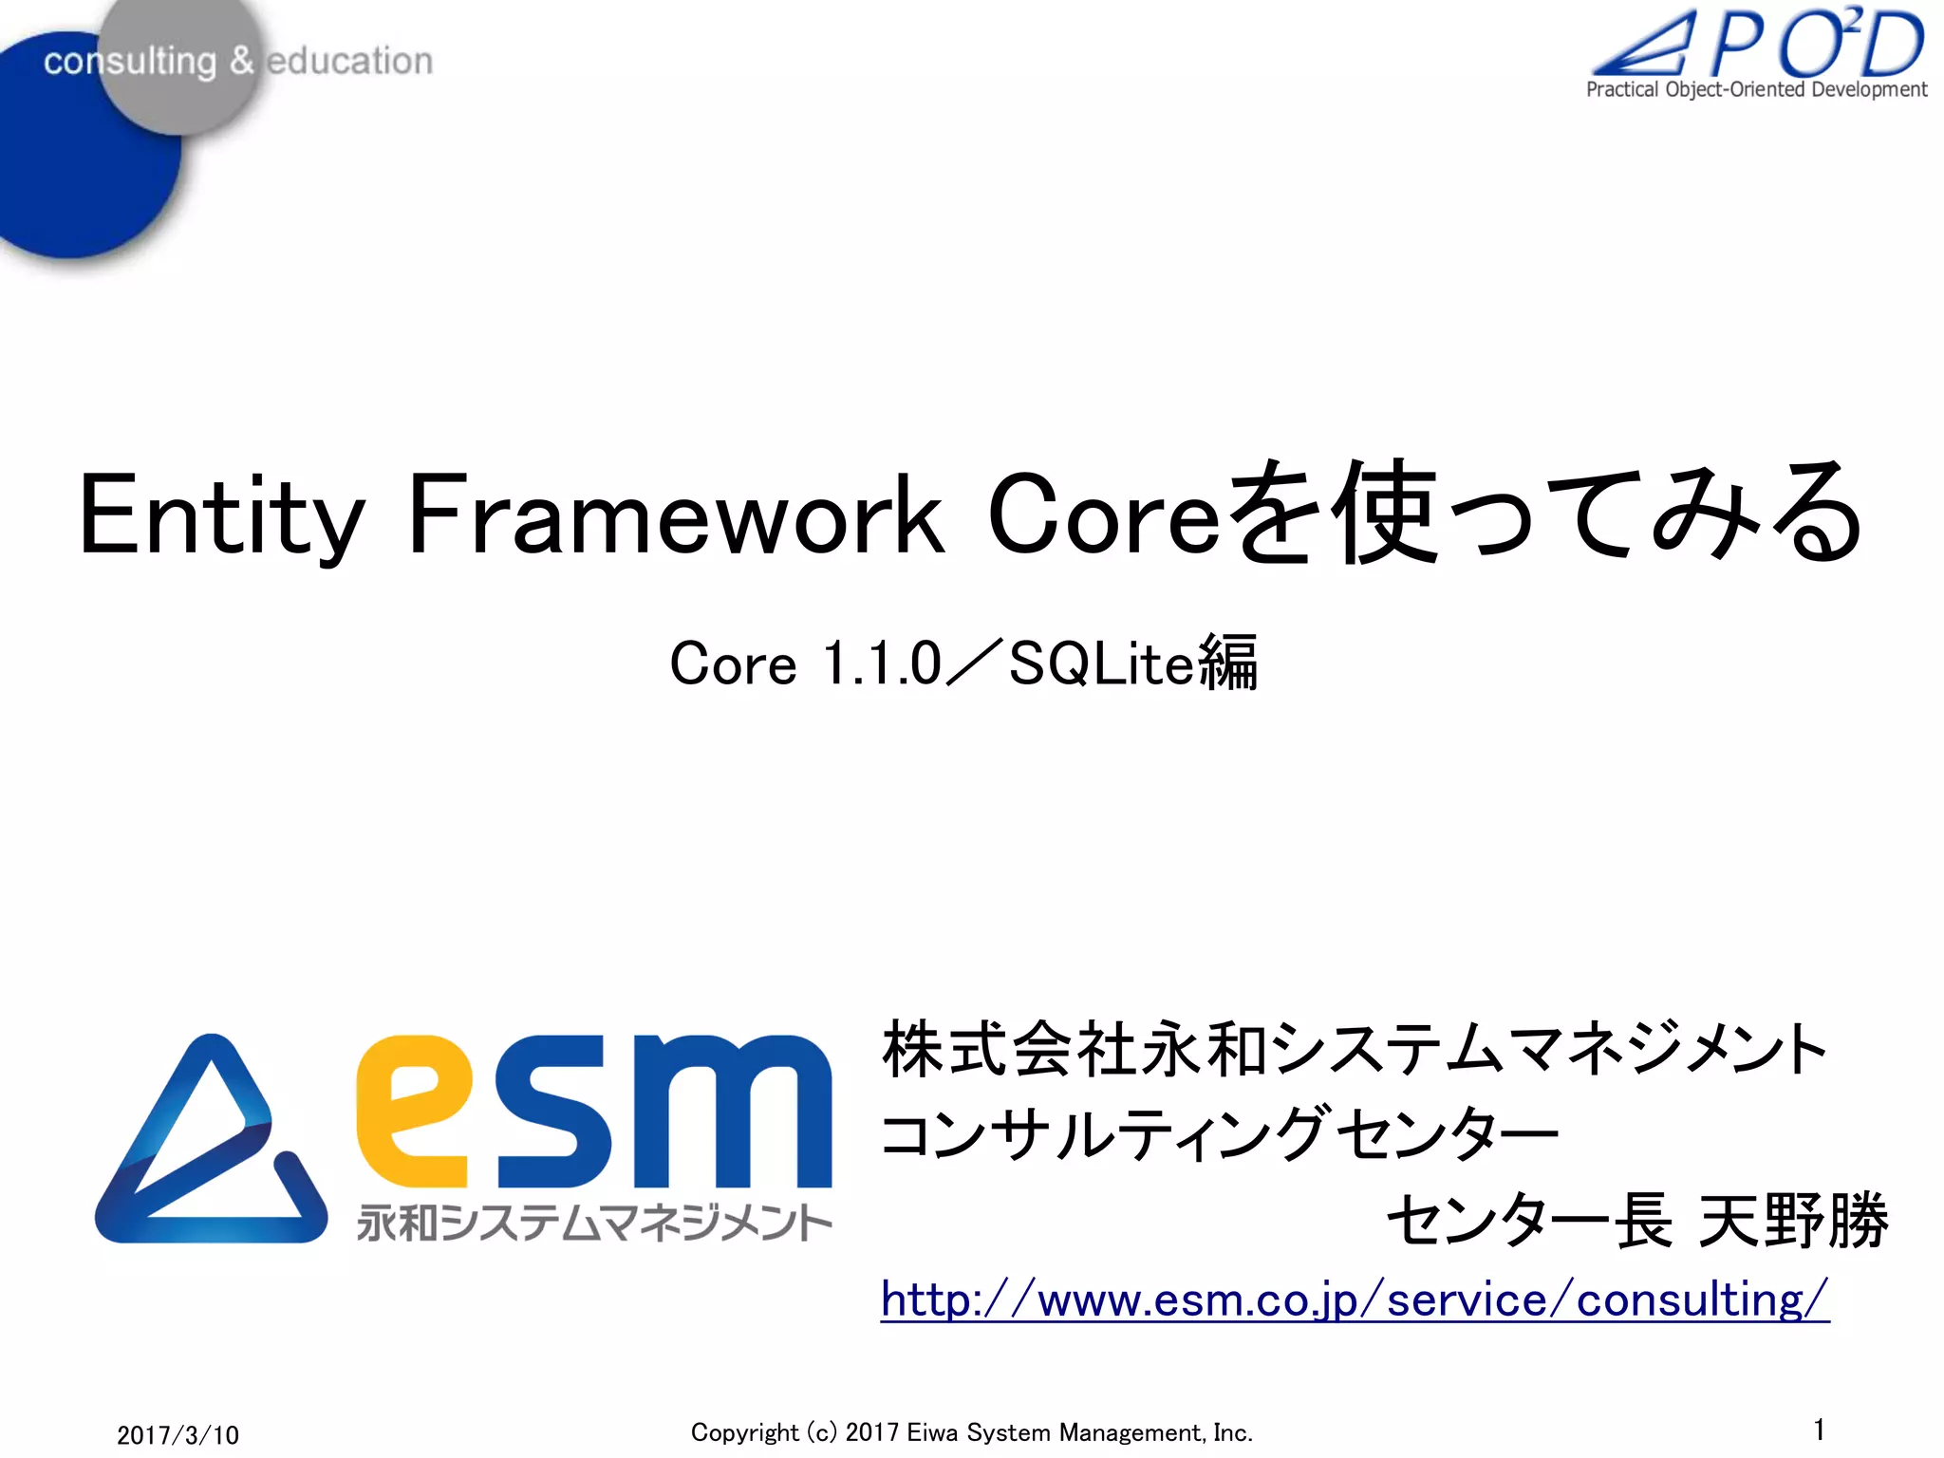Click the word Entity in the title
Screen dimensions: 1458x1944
221,517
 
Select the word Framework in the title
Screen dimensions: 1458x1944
675,517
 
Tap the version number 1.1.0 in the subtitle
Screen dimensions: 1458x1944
881,664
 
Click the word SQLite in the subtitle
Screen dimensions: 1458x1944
1101,664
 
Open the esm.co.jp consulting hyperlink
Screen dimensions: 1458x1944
1354,1299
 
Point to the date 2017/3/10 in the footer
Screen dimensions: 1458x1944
178,1434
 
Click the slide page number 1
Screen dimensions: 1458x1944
1819,1430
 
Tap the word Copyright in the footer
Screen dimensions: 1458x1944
744,1432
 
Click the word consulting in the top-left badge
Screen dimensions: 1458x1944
130,62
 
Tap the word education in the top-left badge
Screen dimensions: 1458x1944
349,61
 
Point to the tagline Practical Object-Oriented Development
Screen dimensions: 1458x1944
1756,90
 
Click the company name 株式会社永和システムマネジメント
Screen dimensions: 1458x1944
1354,1050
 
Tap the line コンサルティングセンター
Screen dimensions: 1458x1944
1219,1134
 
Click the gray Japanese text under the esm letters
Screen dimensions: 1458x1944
594,1224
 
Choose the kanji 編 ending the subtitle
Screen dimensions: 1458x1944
1228,664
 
